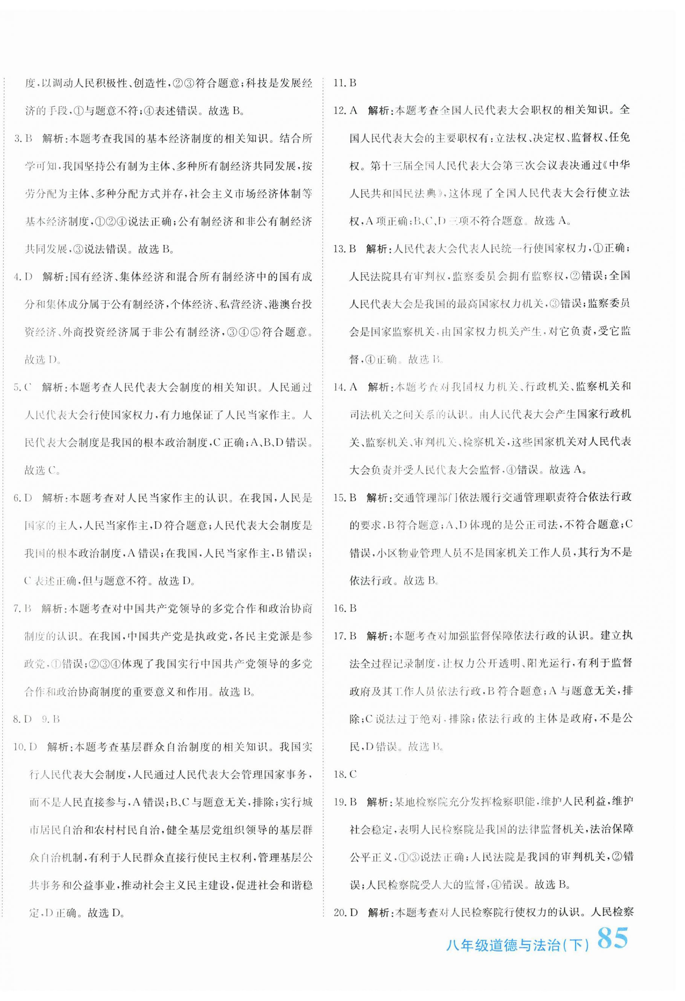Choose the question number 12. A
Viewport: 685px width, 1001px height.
coord(346,110)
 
